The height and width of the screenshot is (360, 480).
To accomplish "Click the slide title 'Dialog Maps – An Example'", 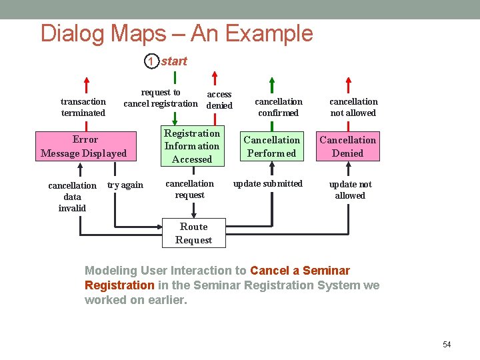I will [177, 33].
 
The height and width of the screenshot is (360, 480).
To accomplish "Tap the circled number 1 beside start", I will [151, 61].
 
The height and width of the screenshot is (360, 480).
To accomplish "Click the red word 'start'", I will [174, 61].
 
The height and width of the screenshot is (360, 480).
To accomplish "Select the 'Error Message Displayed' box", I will [83, 147].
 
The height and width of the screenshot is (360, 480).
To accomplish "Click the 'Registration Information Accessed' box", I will [192, 146].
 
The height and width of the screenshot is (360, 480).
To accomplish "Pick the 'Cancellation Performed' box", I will [271, 147].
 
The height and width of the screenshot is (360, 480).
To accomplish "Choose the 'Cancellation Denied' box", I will [347, 147].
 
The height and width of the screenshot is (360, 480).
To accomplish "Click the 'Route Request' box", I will [193, 233].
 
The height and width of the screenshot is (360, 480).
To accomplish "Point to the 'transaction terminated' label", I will [83, 107].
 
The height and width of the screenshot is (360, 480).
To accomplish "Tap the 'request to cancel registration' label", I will [161, 98].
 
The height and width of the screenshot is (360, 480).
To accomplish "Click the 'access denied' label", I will [219, 100].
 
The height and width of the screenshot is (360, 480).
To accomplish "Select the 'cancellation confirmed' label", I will [279, 107].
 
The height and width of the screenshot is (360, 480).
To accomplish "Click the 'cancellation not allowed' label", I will [353, 107].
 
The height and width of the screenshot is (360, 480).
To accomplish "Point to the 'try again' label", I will [125, 185].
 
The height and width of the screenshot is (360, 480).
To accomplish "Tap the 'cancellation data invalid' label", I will [72, 197].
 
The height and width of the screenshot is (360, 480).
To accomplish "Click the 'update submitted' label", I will [267, 183].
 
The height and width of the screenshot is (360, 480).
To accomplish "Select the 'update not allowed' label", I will [350, 190].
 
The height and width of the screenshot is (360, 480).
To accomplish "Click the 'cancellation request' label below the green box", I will [189, 189].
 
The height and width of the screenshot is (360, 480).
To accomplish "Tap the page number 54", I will [447, 345].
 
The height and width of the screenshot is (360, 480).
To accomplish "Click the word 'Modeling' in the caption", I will [111, 271].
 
